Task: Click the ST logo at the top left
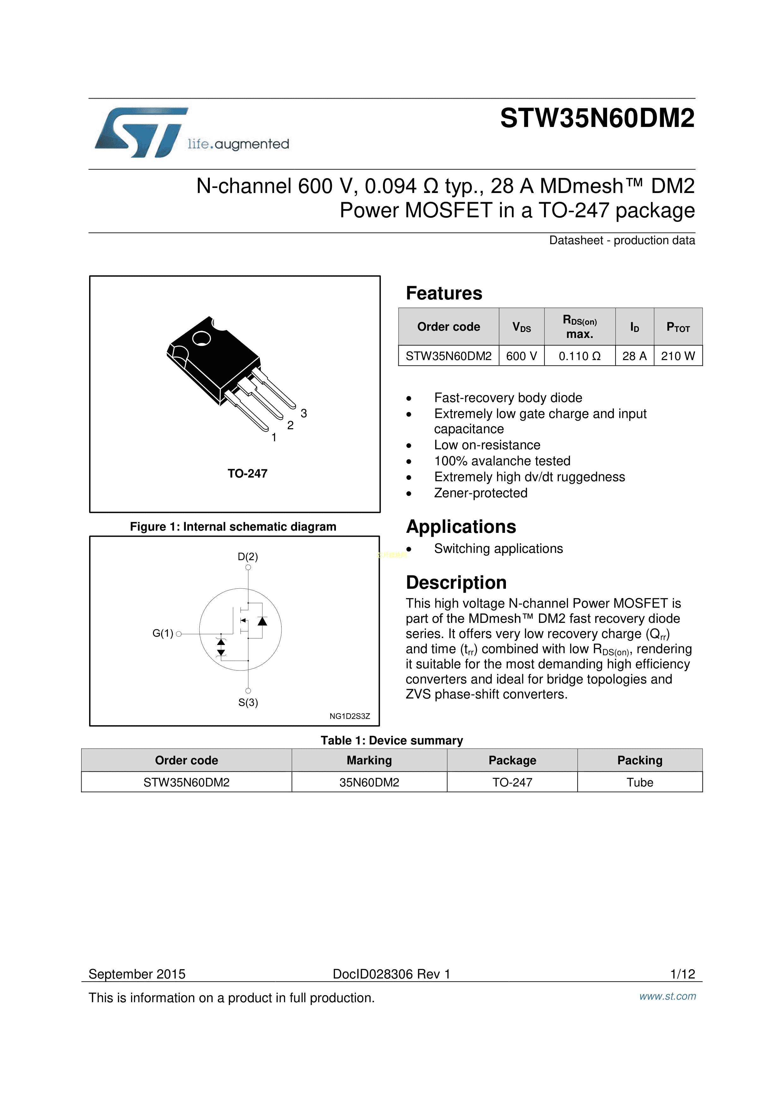(141, 132)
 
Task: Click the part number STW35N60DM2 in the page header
(597, 118)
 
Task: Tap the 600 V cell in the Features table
(521, 356)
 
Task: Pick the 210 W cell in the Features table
(678, 356)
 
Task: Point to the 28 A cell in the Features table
(634, 356)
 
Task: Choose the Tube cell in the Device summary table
(640, 782)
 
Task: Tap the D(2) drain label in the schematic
(248, 557)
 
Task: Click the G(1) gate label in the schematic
(163, 633)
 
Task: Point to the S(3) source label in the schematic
(248, 703)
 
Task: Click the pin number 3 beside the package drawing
(304, 413)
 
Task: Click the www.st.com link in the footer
(668, 996)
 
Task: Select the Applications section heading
(461, 527)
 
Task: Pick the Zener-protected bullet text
(480, 493)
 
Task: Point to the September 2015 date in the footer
(137, 974)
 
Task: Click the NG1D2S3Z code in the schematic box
(349, 716)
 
